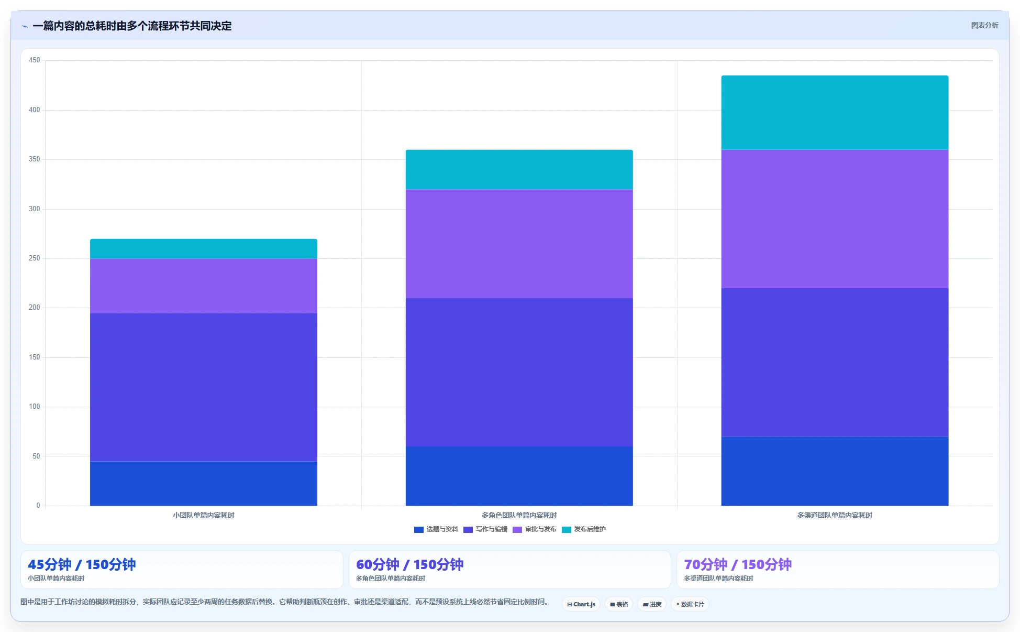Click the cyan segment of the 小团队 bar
(204, 249)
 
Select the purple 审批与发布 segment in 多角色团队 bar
(519, 244)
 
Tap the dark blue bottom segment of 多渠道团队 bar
(835, 471)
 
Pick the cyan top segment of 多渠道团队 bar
(835, 113)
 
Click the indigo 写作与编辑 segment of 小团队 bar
(204, 387)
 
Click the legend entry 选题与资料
(436, 529)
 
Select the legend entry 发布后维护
(584, 529)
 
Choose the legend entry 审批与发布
(535, 529)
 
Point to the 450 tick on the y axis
(35, 60)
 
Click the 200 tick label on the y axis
(35, 308)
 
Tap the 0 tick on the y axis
(38, 506)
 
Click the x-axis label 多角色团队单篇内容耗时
(519, 515)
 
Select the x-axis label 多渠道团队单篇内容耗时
(835, 515)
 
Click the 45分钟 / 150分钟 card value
(82, 564)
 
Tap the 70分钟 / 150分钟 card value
(738, 564)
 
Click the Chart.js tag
(581, 604)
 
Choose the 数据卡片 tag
(690, 604)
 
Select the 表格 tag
(619, 604)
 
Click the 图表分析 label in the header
(984, 25)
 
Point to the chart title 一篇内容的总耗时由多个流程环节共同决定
(132, 26)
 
